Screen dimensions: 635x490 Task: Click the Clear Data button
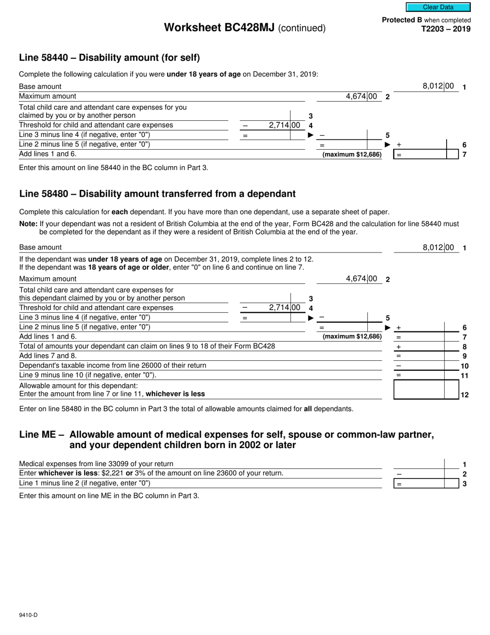(438, 7)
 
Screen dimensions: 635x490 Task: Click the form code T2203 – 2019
(447, 29)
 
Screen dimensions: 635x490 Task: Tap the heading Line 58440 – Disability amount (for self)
(109, 57)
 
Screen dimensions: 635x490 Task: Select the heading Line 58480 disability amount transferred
(157, 194)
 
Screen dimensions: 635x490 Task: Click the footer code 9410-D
(28, 615)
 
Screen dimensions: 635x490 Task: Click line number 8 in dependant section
(464, 347)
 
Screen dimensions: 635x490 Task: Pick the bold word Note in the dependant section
(28, 224)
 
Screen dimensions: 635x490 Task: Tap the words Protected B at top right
(402, 20)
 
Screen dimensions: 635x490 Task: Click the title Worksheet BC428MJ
(219, 28)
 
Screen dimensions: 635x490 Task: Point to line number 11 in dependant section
(464, 375)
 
